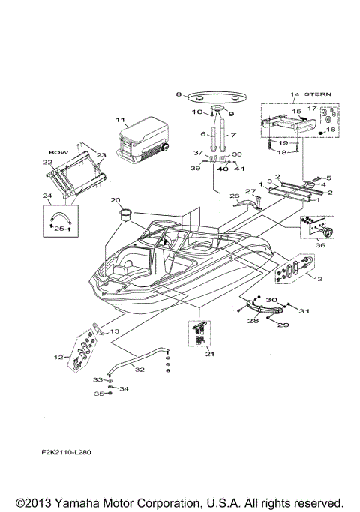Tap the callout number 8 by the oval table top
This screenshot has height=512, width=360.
178,94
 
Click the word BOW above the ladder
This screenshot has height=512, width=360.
58,150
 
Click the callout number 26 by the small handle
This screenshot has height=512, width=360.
234,197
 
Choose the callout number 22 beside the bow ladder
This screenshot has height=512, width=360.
47,163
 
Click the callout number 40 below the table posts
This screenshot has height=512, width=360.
221,169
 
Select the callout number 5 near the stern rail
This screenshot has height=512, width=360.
328,178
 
